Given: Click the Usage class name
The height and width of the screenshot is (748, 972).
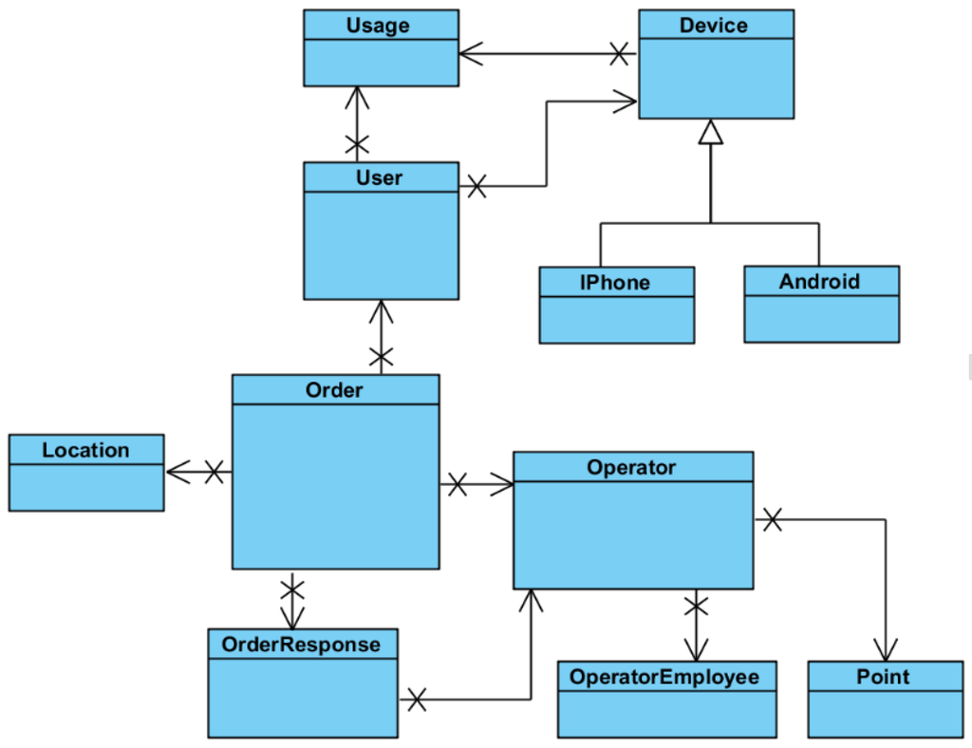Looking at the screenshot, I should [378, 26].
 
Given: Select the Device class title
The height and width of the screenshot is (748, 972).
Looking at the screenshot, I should [713, 26].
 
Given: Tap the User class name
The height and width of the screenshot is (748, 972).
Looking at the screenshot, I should [379, 178].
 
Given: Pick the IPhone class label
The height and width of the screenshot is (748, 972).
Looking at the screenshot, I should [615, 282].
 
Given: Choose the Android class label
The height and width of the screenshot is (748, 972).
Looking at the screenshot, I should [819, 281].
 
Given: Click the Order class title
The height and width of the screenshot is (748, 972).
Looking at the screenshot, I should [334, 389].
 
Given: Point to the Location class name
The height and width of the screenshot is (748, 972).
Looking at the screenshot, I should [85, 450].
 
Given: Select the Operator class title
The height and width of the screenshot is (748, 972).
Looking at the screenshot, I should [631, 467].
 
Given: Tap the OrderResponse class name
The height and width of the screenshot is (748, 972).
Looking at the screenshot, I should [301, 645].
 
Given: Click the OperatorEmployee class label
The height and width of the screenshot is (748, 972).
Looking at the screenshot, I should [664, 677].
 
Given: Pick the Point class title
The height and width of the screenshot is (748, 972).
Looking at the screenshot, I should [883, 677].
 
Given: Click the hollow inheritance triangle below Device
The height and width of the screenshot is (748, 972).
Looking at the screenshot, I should [711, 133].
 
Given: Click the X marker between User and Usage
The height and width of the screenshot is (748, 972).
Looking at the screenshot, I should [356, 145].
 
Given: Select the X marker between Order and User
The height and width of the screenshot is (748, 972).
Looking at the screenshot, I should [381, 358].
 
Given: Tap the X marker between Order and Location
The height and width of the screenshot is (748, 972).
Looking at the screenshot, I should [215, 471].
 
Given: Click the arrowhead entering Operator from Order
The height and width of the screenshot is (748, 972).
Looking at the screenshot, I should [503, 485].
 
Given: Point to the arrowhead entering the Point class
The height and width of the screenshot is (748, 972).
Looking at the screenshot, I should [886, 651].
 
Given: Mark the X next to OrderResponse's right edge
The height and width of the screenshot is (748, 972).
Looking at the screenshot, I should [416, 701].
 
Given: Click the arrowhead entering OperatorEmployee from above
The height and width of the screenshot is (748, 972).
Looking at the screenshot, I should [697, 650].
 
